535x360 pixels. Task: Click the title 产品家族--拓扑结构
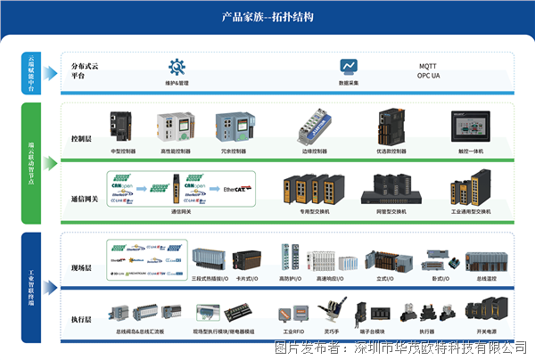point(267,17)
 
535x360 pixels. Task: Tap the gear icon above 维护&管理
point(177,67)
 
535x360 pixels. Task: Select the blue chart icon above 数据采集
point(349,67)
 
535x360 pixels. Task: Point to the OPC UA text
point(431,76)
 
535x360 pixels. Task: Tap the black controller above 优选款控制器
point(391,128)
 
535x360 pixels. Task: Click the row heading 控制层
point(81,139)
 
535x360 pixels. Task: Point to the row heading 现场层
point(81,267)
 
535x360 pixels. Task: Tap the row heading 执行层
point(81,318)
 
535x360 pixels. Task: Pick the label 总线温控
point(487,279)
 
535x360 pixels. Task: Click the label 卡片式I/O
point(247,279)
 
